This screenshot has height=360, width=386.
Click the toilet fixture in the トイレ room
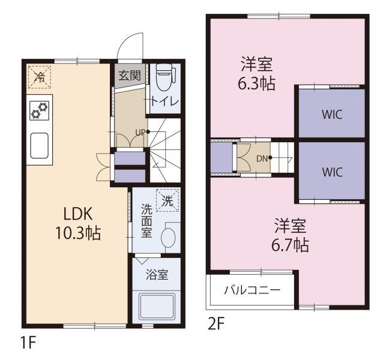166,77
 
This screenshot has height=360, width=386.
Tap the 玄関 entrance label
130,75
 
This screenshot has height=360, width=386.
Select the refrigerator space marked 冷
40,77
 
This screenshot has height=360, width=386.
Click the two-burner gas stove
40,111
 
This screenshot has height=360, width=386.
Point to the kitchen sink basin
39,145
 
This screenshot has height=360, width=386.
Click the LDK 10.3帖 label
78,223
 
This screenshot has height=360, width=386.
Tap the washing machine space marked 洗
167,200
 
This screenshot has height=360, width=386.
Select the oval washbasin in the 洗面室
168,237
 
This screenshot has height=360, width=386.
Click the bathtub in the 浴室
157,307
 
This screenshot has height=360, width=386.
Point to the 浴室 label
157,274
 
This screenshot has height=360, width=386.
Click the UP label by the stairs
140,133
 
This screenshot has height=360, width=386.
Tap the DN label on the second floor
262,159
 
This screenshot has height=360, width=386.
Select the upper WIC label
332,115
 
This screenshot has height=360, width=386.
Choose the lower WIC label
332,172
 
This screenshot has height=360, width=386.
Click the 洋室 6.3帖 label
256,74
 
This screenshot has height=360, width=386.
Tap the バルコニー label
252,290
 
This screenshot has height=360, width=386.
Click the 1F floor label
28,342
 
